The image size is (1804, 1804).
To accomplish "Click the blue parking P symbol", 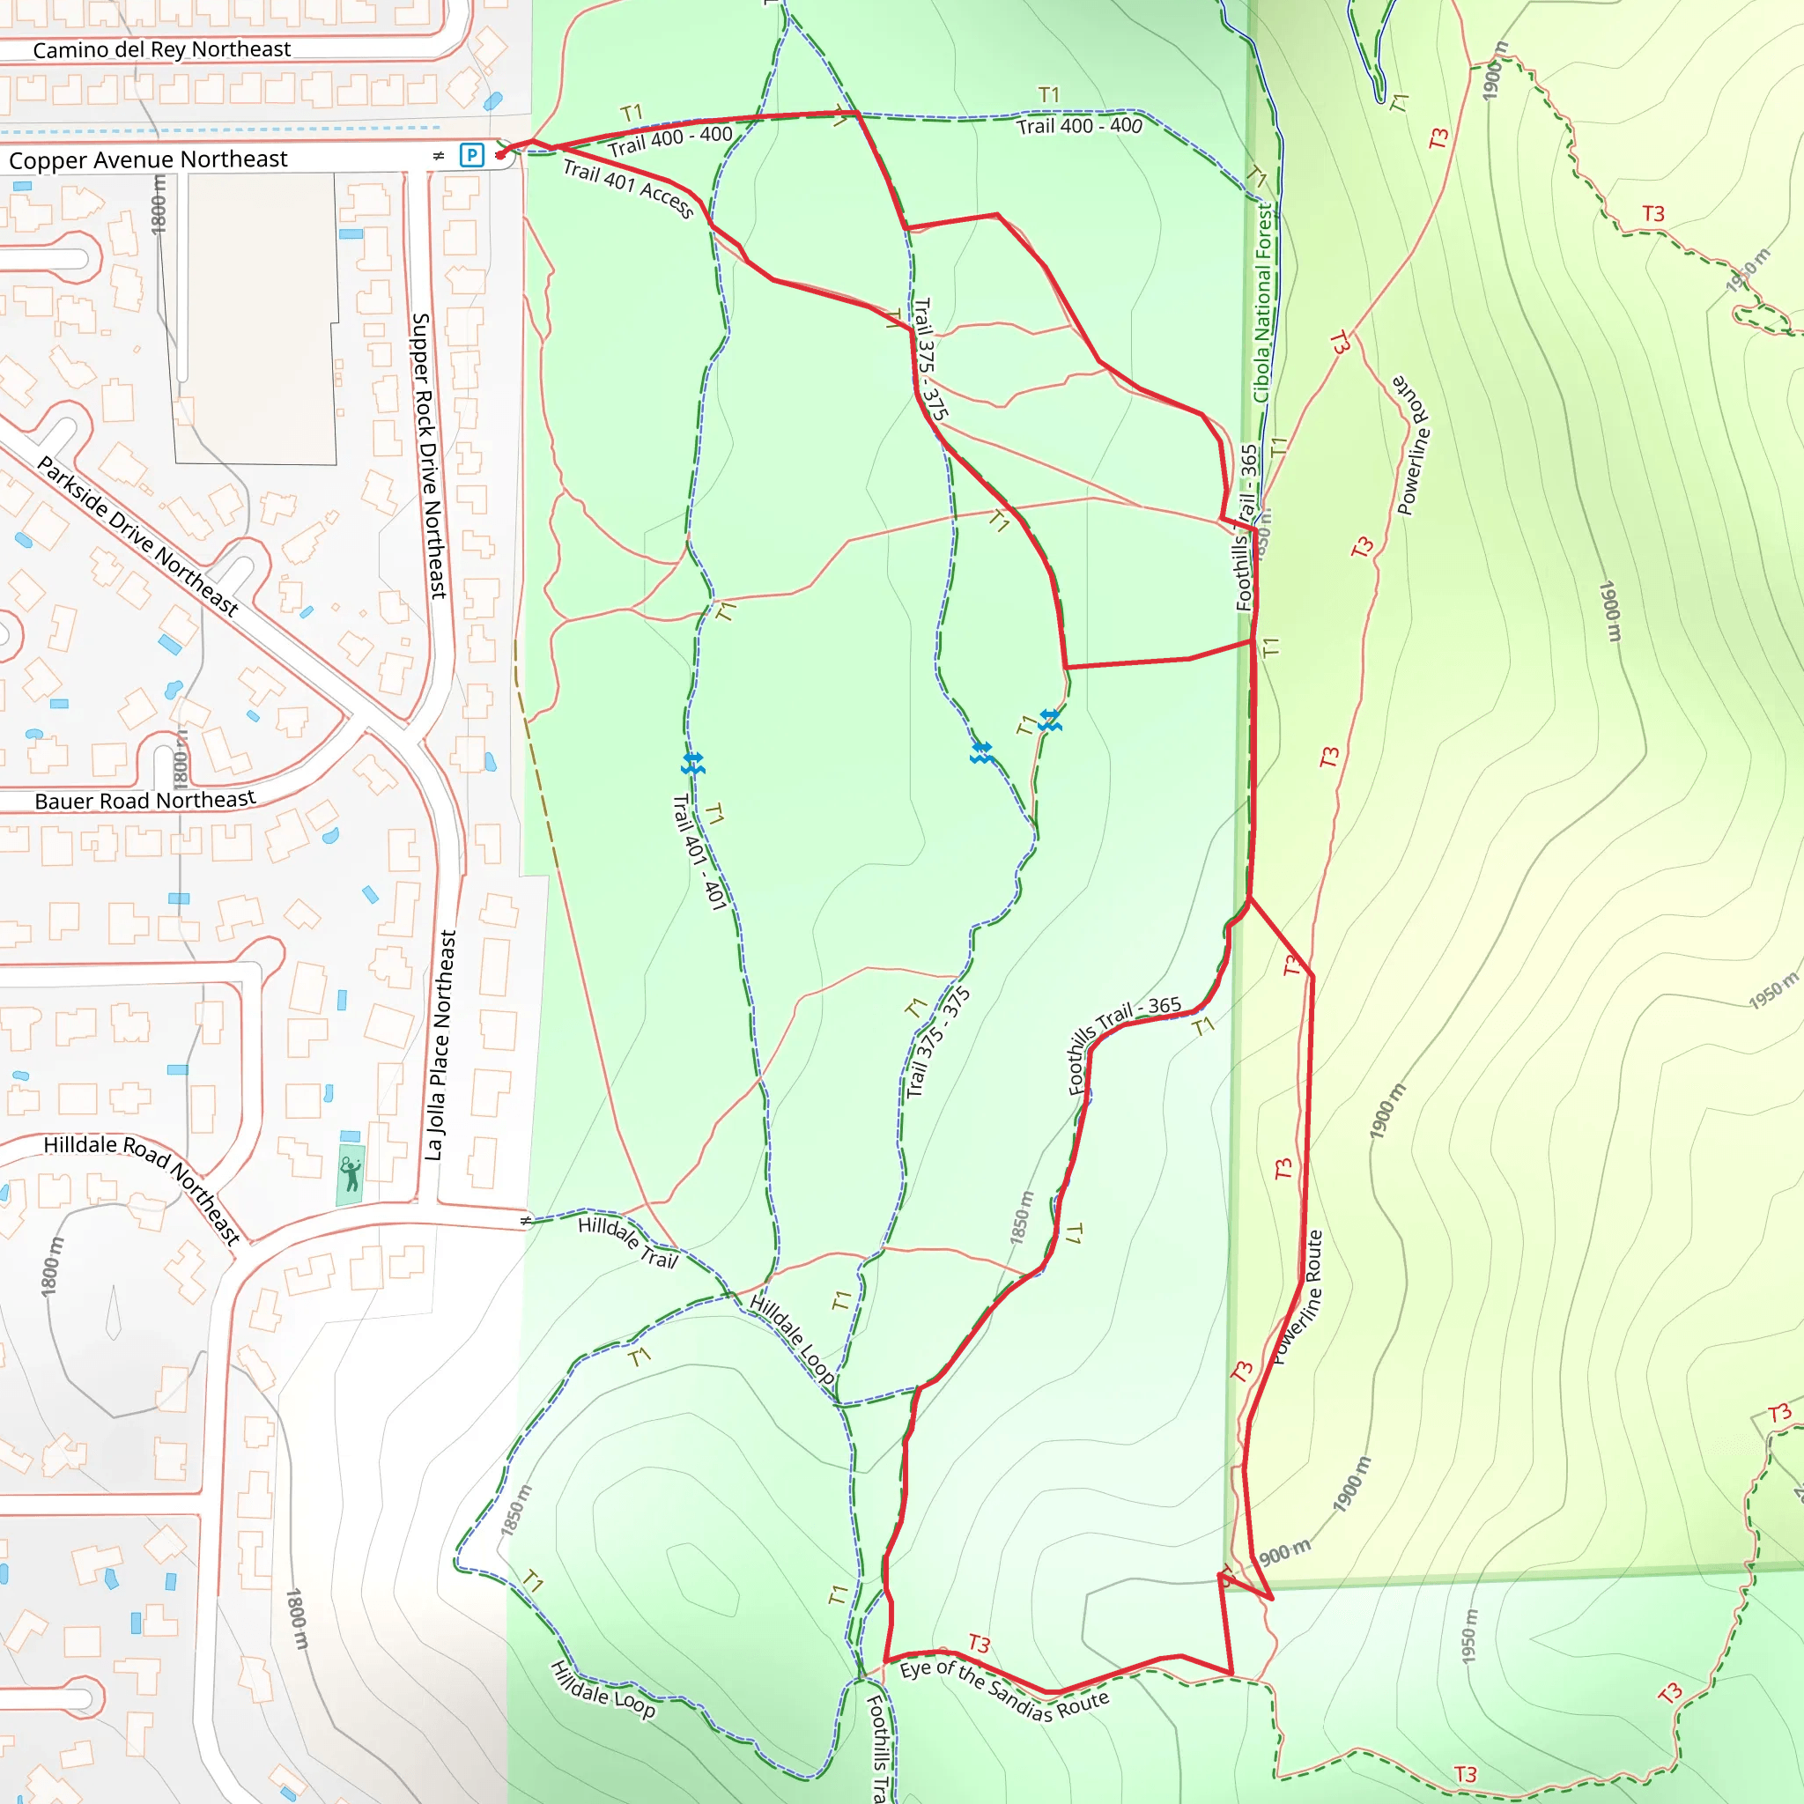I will (472, 155).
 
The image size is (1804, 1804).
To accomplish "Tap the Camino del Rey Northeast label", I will (161, 49).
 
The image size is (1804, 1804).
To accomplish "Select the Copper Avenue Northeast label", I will (149, 159).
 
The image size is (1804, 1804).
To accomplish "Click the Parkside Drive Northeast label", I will (138, 536).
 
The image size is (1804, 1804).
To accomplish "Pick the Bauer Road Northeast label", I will (144, 800).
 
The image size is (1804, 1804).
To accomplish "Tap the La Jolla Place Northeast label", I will (440, 1045).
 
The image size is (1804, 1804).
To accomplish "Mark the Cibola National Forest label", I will (1263, 304).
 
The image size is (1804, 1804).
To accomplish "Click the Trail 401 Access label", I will (628, 189).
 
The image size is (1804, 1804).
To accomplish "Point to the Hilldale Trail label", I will (627, 1242).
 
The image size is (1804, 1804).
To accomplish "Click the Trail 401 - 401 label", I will (699, 852).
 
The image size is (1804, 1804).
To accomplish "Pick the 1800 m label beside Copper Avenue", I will (159, 204).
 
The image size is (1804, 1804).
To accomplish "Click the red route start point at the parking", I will (501, 154).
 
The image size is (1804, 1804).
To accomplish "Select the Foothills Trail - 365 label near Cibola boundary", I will (1247, 528).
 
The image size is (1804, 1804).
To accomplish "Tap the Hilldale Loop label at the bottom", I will (603, 1689).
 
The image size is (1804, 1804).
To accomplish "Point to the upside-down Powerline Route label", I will (1412, 445).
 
